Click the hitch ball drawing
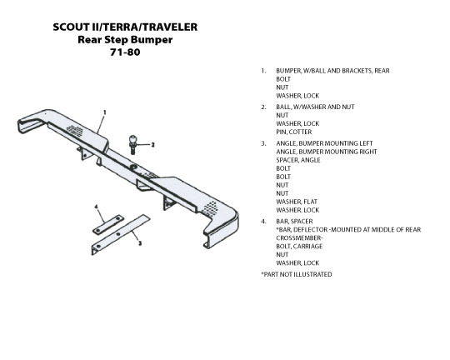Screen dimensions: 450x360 tap(132, 144)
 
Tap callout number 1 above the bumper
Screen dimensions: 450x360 tap(105, 112)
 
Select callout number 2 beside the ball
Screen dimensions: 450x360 tap(152, 145)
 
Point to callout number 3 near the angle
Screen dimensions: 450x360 tap(140, 243)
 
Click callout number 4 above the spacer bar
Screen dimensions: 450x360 tap(97, 207)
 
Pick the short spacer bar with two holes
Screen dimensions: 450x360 tap(108, 224)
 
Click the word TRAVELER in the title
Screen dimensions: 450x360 tap(170, 27)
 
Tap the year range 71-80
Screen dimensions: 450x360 tap(125, 52)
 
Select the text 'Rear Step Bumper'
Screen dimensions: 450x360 tap(125, 40)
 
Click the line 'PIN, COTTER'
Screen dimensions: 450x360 tap(294, 132)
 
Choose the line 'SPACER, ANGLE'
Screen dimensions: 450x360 tap(298, 160)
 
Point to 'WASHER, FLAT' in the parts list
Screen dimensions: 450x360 tap(297, 202)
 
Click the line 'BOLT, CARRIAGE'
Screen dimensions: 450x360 tap(299, 247)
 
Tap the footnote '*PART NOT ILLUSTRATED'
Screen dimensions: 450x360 tap(297, 274)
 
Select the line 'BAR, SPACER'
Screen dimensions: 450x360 tap(294, 222)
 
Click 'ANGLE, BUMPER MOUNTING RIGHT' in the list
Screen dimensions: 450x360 tap(327, 152)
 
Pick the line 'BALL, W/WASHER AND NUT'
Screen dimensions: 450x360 tap(315, 107)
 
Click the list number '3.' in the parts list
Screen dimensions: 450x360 tap(263, 143)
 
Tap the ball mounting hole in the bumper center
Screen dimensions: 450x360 tap(133, 167)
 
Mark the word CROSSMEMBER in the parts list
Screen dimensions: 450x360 tap(299, 238)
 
